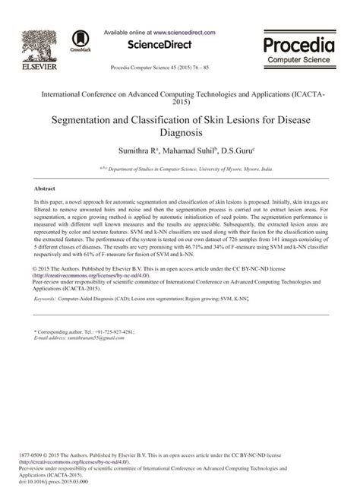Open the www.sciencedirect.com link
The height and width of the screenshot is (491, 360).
click(x=184, y=33)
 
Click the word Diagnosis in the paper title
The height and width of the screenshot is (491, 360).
click(x=179, y=135)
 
